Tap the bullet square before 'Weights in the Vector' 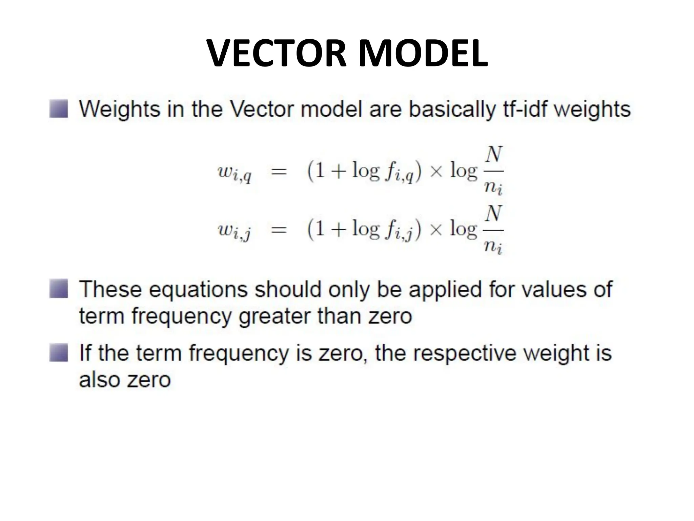(x=59, y=109)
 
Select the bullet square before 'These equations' (x=59, y=289)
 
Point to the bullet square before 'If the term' (x=59, y=352)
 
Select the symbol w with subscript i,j (x=234, y=231)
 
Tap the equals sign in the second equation (x=279, y=230)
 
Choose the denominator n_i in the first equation (x=493, y=188)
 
